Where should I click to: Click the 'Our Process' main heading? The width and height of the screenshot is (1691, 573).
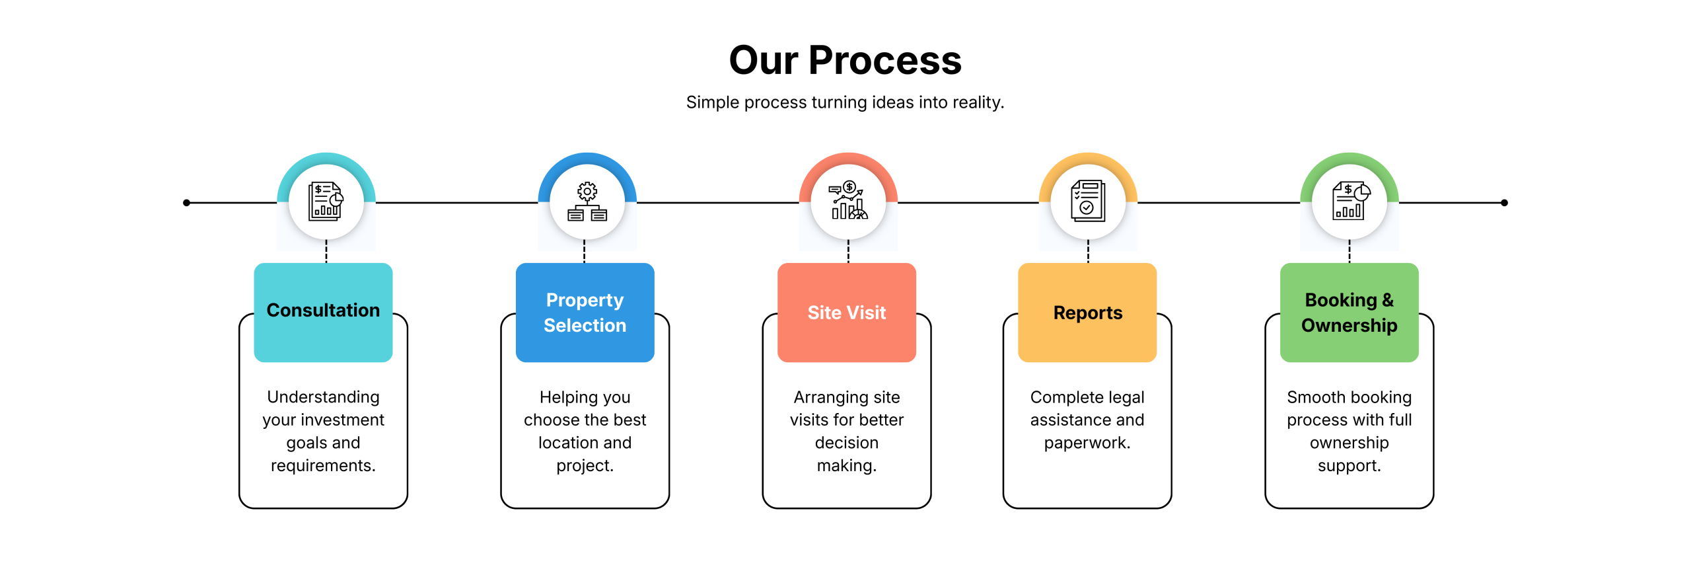845,60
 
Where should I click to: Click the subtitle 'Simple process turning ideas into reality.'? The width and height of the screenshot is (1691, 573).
845,102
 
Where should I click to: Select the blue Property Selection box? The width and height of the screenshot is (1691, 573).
585,312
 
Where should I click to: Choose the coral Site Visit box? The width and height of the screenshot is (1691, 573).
846,312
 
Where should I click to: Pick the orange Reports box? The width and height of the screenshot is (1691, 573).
1087,312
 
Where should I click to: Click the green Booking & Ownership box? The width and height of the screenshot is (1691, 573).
1349,312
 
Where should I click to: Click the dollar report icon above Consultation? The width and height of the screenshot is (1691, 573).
326,202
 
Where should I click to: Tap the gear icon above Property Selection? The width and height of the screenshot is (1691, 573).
587,202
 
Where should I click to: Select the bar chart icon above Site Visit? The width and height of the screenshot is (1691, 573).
848,202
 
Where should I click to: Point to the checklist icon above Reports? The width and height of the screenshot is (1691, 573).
1088,202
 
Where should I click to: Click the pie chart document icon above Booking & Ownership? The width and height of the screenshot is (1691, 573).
1349,202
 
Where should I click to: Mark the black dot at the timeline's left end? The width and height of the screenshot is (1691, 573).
187,203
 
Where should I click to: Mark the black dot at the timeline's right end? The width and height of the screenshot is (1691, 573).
1504,203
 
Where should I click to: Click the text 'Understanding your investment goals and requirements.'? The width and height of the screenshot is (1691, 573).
323,431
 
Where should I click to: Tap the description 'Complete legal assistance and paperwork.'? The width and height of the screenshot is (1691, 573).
1087,420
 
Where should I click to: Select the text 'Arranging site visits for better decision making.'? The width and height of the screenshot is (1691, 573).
846,431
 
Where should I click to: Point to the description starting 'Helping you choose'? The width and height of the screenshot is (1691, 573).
585,431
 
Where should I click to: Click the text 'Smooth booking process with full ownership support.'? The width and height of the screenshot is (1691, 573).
1349,431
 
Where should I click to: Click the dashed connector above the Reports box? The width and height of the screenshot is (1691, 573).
1088,252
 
